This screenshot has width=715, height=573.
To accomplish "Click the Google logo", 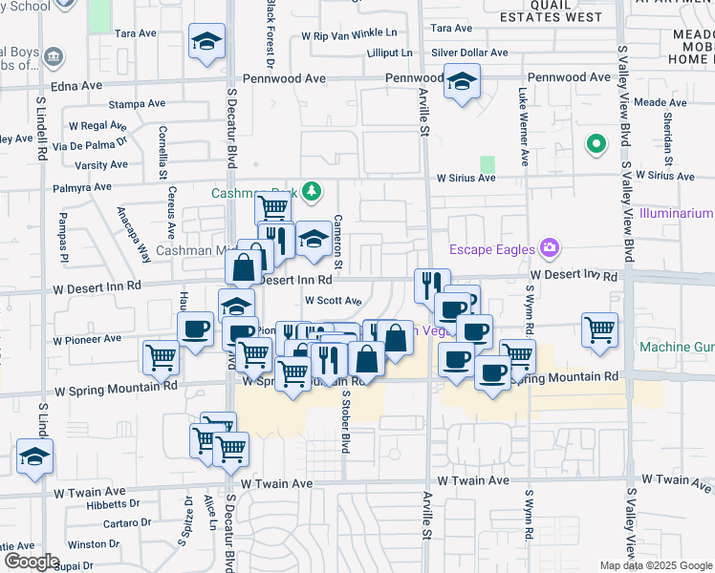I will click(31, 562).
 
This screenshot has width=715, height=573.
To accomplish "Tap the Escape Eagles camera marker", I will click(550, 250).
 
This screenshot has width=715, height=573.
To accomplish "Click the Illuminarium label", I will click(678, 212).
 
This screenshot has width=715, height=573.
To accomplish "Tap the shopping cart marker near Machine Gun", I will click(599, 329).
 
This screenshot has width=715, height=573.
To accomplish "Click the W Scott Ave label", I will click(333, 300).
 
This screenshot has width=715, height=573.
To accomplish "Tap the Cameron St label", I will click(338, 242).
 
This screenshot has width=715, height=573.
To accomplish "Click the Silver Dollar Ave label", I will click(469, 53).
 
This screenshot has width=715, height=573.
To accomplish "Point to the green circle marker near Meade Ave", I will click(596, 144).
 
